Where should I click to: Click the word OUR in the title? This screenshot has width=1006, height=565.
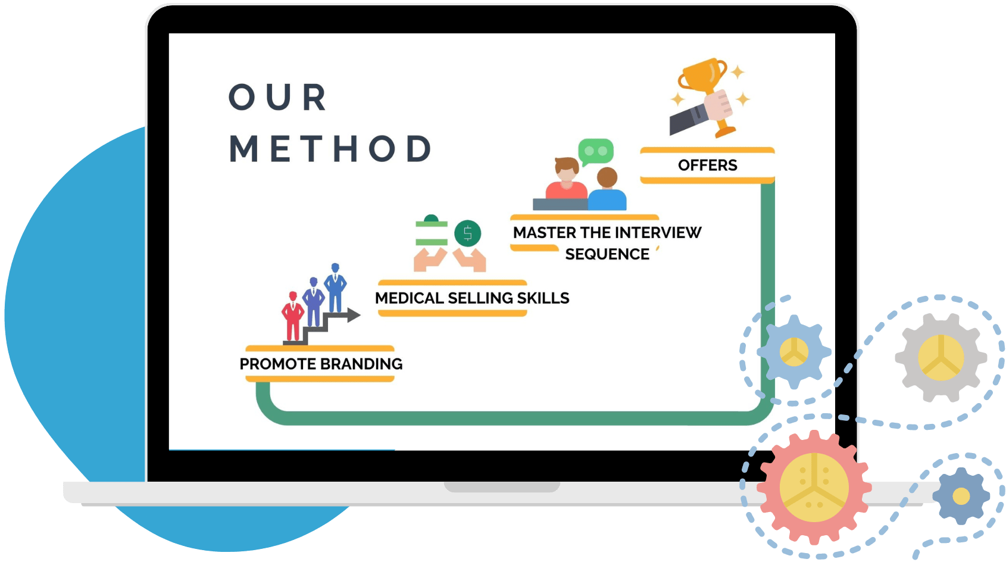278,98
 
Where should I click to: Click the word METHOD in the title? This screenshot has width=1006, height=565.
331,149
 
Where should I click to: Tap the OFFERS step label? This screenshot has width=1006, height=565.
707,165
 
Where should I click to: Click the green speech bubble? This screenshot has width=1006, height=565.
595,151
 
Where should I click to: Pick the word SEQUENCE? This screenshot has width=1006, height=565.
607,254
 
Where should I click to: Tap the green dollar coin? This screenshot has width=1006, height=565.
467,233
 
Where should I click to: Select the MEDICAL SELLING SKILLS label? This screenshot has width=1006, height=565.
472,298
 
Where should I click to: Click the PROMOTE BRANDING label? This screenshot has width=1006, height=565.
321,364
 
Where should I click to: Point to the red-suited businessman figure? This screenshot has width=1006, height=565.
292,316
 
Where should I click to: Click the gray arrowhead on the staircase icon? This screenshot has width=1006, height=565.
354,315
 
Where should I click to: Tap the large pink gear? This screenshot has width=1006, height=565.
814,487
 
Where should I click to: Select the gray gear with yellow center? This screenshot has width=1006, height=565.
941,357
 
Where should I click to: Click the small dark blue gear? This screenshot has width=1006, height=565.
961,496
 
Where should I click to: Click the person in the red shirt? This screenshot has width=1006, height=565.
566,179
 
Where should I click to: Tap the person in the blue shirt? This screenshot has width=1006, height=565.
607,189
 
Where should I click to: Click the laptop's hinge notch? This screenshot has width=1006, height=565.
502,487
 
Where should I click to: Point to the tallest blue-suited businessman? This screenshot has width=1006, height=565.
335,287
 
